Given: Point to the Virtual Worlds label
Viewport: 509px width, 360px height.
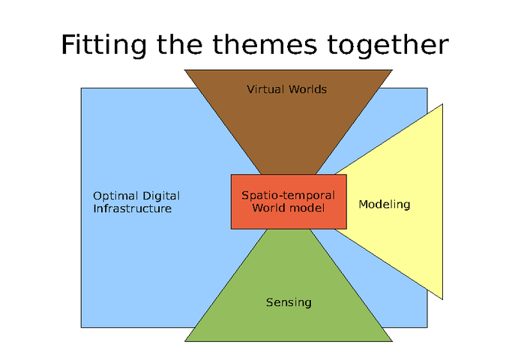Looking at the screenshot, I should coord(286,89).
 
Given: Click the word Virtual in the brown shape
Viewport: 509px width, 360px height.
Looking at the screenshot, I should coord(265,89).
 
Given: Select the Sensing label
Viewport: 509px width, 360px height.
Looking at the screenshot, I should coord(289,303).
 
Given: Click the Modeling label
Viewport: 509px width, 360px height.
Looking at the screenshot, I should coord(384,204).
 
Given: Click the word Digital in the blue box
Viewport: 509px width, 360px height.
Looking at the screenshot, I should coord(160,196).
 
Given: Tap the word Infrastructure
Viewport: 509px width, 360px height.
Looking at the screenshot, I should coord(132,208).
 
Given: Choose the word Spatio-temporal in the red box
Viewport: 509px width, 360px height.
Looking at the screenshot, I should coord(288,195).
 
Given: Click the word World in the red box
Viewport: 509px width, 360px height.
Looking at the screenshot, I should coord(269,207).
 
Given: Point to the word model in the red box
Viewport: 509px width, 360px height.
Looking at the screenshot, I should coord(308,207).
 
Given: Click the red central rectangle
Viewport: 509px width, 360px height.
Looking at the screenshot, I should coord(289,217).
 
